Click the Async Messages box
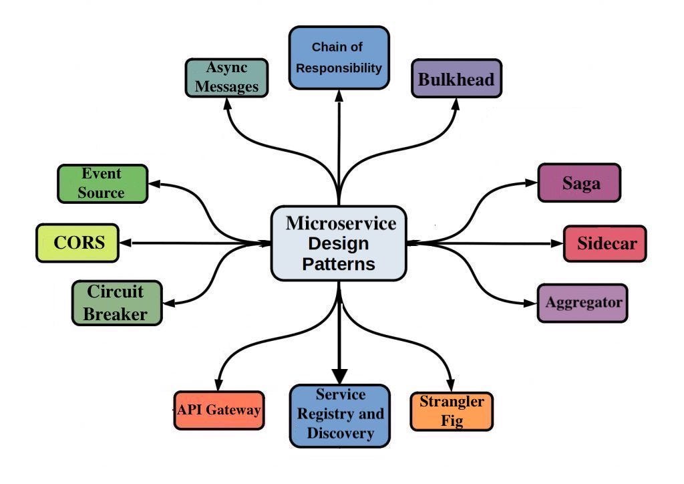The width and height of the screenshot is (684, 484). tap(226, 78)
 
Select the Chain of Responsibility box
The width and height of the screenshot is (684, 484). tap(339, 57)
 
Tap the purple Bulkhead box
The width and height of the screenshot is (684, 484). tap(456, 79)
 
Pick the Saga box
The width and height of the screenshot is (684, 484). tap(579, 183)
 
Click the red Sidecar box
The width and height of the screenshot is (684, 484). tap(605, 243)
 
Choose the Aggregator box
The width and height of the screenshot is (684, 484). tap(582, 302)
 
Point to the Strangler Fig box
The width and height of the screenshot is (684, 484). tap(452, 411)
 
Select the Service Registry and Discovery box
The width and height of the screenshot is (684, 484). tap(339, 414)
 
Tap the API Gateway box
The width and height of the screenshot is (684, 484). tap(218, 410)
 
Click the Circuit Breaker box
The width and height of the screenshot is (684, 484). tap(117, 303)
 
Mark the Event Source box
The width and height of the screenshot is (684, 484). tap(102, 183)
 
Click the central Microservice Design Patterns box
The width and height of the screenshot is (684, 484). tap(339, 243)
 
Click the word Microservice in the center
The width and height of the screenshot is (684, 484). tap(340, 223)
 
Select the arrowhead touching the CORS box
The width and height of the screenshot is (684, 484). tap(128, 243)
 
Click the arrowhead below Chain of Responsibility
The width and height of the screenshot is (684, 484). tap(339, 95)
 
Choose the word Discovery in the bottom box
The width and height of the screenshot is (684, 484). tap(340, 433)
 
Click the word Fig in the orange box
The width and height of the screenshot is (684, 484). tap(452, 421)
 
